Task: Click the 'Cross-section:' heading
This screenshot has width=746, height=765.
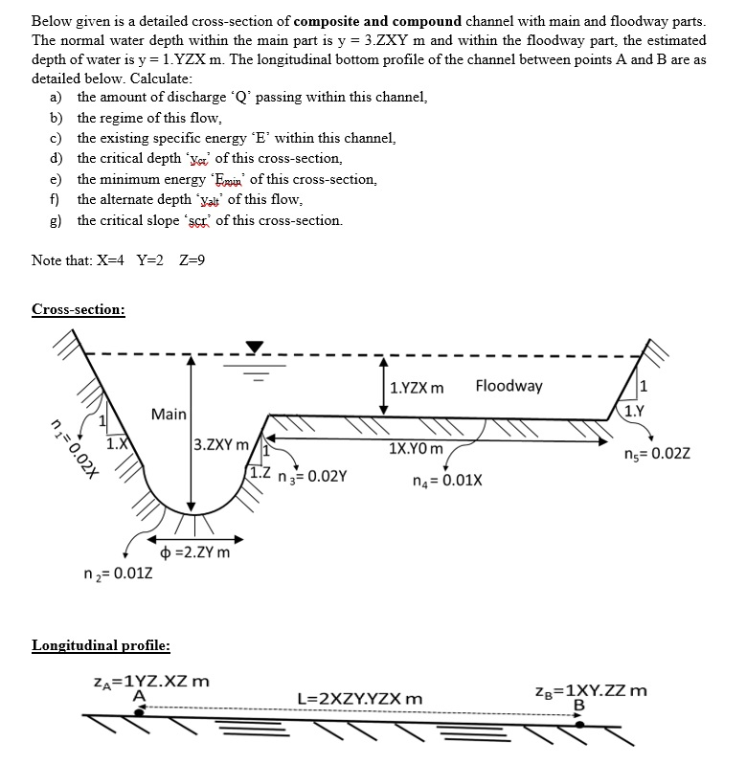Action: pos(78,309)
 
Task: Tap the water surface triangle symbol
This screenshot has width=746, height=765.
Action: pos(255,346)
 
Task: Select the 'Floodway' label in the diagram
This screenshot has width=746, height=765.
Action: pos(509,386)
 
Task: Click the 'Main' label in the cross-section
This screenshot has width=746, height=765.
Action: pos(169,414)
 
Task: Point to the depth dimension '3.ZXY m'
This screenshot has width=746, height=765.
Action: pos(221,444)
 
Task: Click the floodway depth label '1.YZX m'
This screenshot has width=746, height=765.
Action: pos(418,388)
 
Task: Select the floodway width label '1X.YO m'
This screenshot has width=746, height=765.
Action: pos(417,448)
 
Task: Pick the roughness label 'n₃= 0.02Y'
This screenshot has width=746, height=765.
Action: pos(314,474)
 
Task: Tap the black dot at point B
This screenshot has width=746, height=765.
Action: pos(578,725)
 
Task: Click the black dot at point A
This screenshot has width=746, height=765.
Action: pos(140,712)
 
